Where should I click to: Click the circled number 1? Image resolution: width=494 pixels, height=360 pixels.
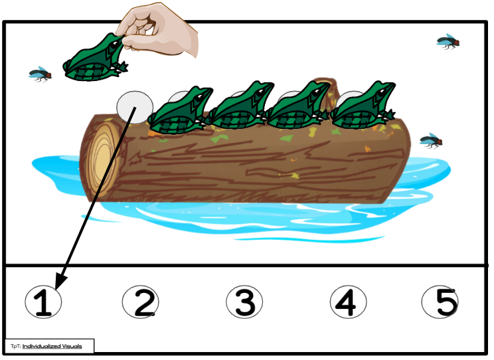point(43,303)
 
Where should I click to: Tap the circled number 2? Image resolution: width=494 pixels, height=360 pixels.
point(141,303)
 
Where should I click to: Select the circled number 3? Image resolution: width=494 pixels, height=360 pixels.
point(244,303)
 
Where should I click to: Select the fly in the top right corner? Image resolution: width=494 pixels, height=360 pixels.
point(448,43)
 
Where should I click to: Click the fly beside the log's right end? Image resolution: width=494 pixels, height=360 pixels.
point(432,140)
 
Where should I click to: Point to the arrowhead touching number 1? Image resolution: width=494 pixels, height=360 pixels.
point(60,282)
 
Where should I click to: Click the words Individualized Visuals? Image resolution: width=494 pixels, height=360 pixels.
point(52,346)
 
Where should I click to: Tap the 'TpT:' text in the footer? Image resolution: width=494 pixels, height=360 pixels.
point(15,346)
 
